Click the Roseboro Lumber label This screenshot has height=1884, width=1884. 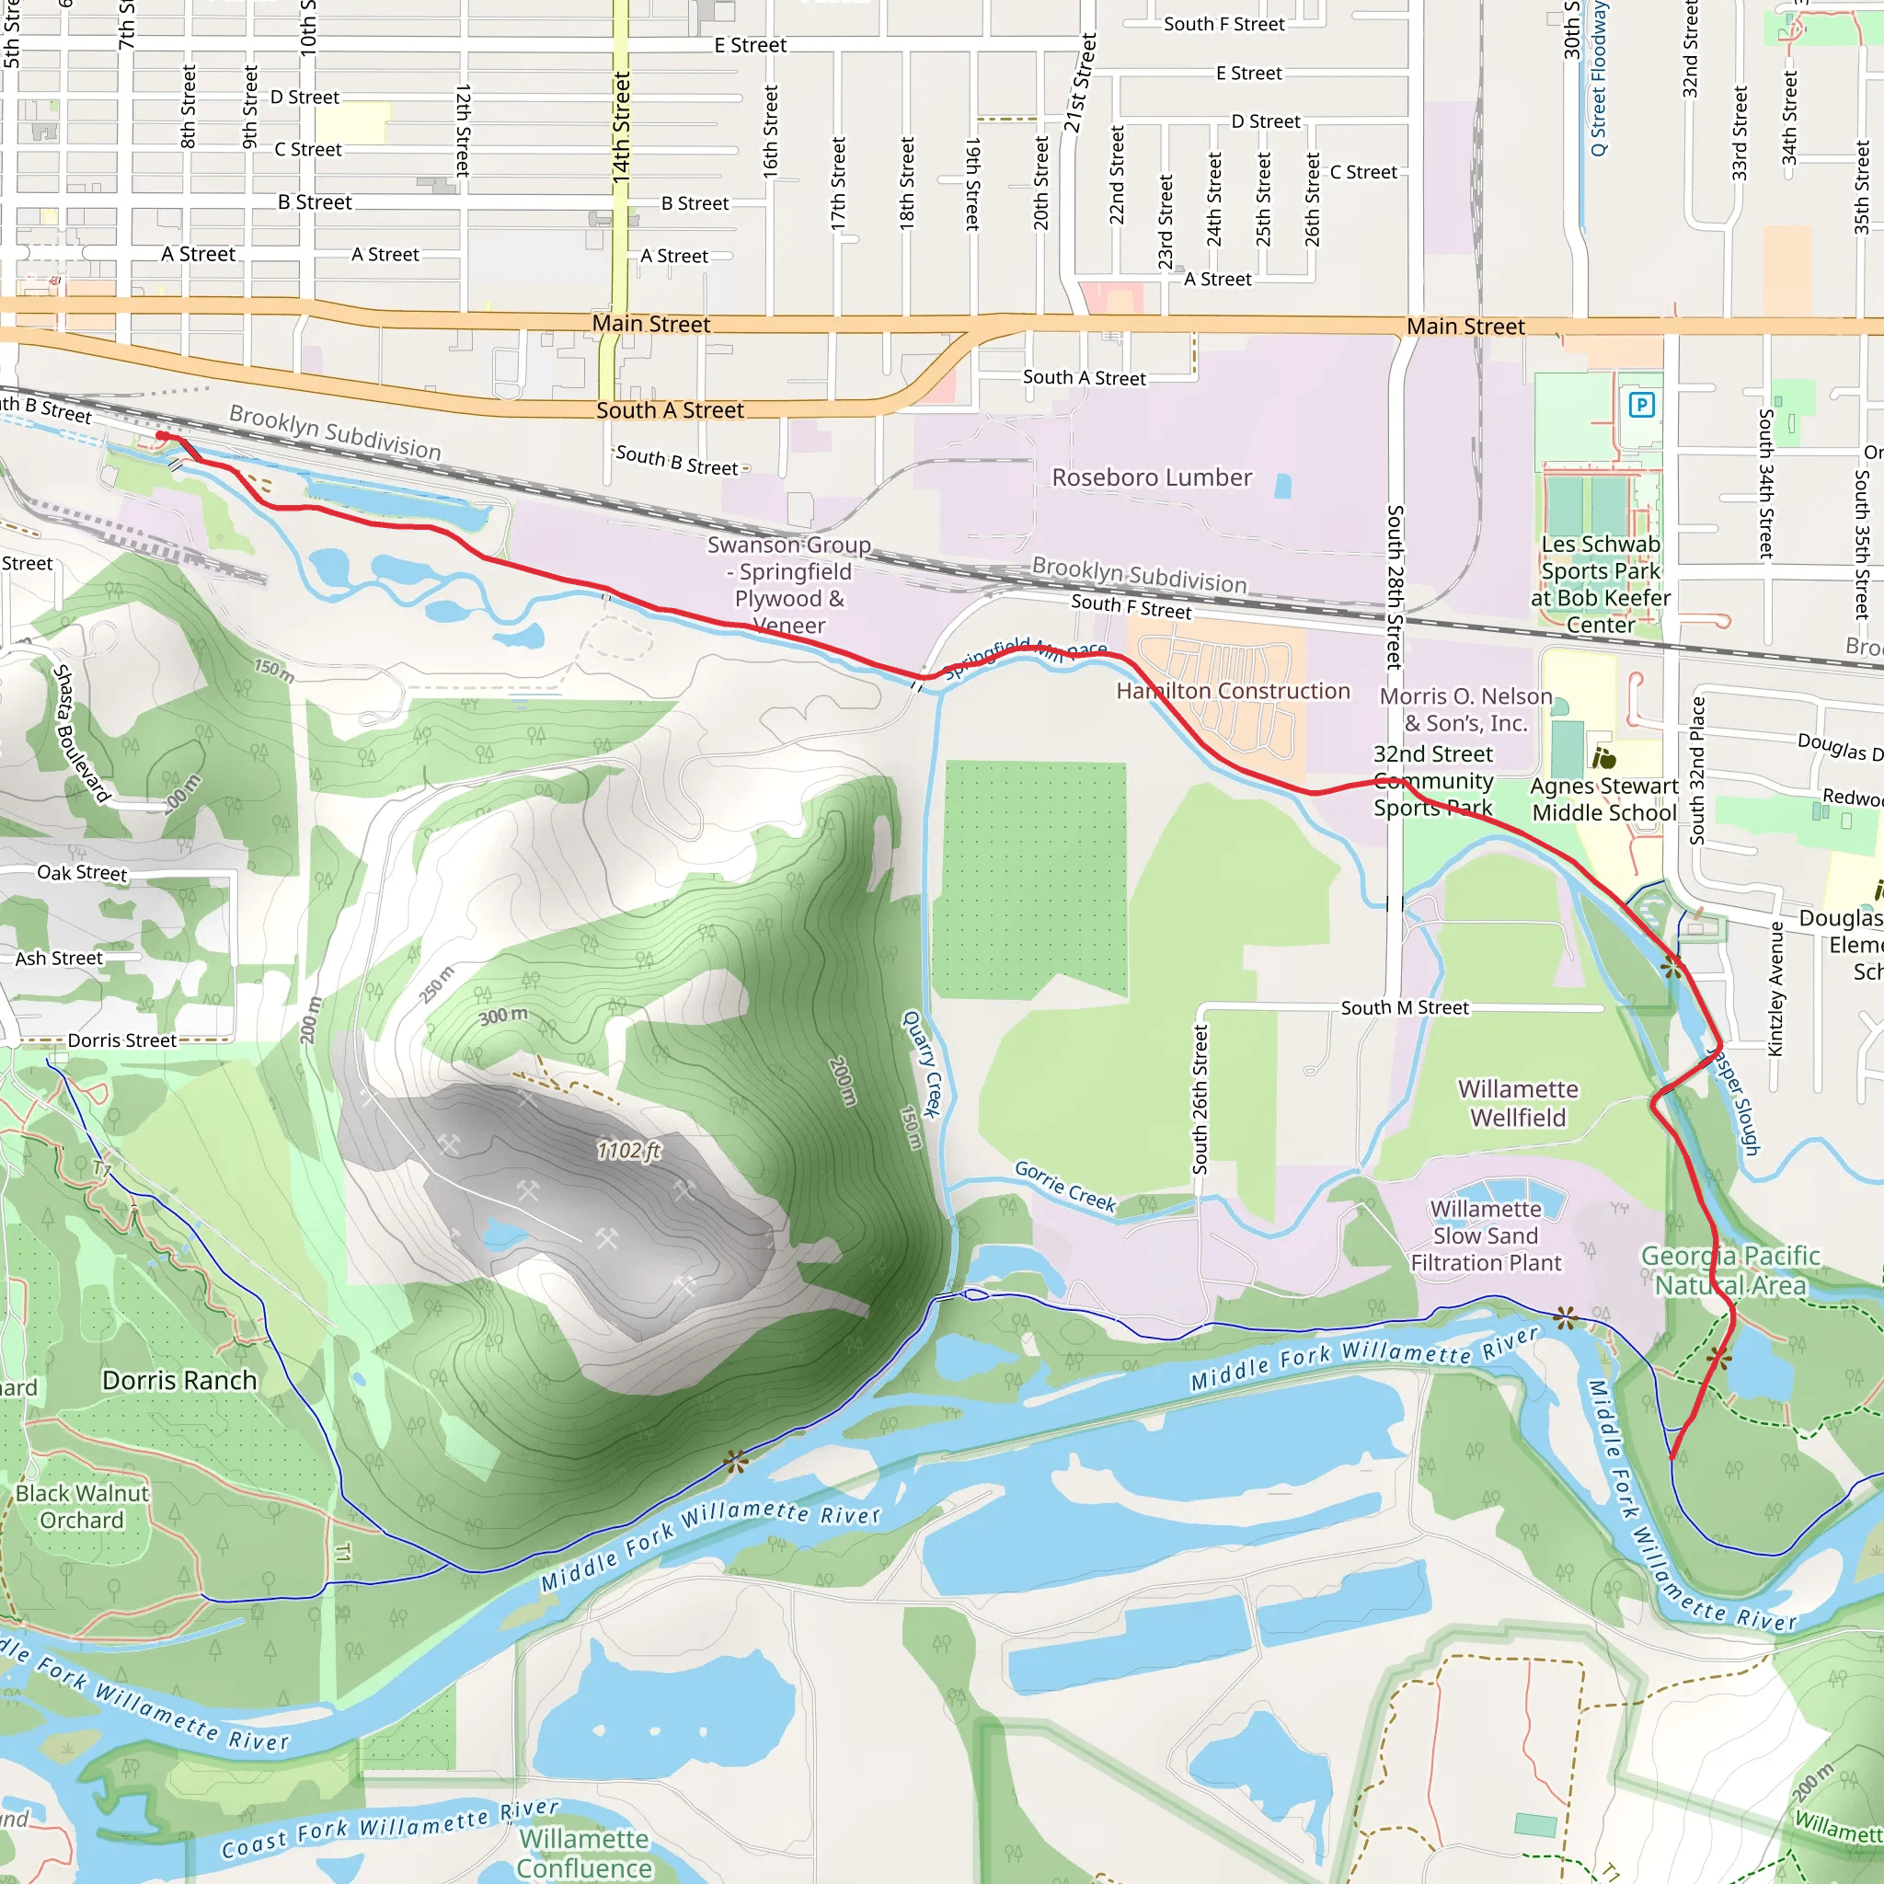(x=1152, y=477)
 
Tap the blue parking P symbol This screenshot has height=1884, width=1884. (x=1642, y=405)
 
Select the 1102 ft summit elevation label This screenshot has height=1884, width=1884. (x=629, y=1151)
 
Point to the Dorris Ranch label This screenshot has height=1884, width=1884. (x=179, y=1381)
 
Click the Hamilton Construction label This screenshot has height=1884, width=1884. (x=1233, y=692)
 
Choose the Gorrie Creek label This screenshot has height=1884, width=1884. (x=1065, y=1186)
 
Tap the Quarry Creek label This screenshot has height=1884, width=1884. (x=922, y=1063)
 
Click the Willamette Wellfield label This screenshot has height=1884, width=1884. (x=1517, y=1103)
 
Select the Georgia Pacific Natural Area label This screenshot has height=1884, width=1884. (x=1730, y=1269)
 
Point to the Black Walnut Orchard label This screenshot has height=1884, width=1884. (x=82, y=1507)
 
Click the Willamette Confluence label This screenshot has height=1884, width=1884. (x=584, y=1853)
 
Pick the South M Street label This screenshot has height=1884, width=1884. (x=1404, y=1008)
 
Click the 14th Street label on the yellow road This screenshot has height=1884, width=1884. (x=621, y=127)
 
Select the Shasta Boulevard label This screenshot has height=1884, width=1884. (x=81, y=732)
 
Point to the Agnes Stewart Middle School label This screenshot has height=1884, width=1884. (x=1604, y=799)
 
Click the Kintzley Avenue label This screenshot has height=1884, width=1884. (x=1775, y=989)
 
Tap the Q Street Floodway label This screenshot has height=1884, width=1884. (x=1599, y=78)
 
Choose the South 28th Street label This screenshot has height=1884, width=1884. (x=1396, y=586)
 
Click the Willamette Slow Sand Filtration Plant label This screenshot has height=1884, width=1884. (x=1487, y=1235)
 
